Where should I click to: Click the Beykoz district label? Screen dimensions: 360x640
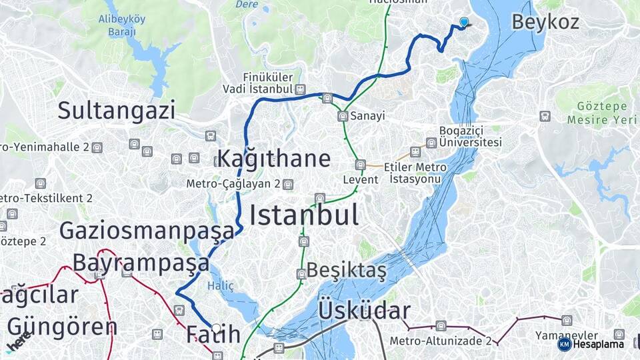click(545, 21)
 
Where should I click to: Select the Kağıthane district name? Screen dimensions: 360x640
click(273, 159)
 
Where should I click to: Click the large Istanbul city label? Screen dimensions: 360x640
click(303, 215)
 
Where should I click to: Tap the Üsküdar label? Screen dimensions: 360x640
click(364, 311)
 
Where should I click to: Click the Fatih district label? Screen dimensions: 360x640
click(213, 334)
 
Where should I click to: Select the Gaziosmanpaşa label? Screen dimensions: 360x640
click(147, 231)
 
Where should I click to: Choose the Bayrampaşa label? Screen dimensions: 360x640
click(141, 263)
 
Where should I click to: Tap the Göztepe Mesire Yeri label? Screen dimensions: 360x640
click(597, 113)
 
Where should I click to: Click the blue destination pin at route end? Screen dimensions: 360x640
click(464, 22)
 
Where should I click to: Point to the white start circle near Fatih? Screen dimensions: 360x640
click(216, 328)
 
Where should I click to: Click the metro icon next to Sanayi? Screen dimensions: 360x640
click(343, 116)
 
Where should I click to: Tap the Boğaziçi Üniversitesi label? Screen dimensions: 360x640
click(470, 136)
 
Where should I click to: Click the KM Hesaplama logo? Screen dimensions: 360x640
click(591, 344)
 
